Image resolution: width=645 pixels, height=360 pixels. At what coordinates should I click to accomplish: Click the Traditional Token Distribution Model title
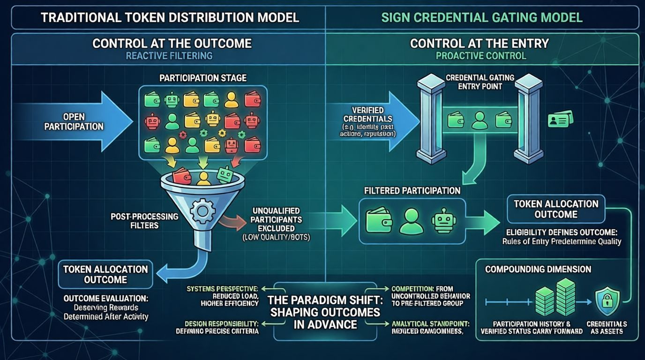click(x=170, y=18)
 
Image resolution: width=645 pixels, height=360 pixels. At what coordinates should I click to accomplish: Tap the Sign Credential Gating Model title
click(x=482, y=18)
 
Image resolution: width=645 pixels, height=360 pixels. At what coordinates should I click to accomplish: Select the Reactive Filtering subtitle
click(x=169, y=56)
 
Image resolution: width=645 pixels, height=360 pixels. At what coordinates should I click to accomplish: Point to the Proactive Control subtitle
click(x=481, y=56)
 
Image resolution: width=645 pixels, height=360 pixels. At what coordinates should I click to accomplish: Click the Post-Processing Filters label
click(x=145, y=221)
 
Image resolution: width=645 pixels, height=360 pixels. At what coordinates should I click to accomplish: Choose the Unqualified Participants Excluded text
click(x=276, y=220)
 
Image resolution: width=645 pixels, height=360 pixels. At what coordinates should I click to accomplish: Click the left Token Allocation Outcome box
click(x=105, y=274)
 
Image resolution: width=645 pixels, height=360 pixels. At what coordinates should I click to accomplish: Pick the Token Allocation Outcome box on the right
click(x=556, y=209)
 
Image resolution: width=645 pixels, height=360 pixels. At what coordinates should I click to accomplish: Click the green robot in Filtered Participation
click(x=443, y=221)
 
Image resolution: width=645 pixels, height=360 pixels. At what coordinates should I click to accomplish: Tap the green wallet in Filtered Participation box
click(x=378, y=220)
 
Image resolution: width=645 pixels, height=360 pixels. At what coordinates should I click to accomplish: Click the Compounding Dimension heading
click(x=538, y=270)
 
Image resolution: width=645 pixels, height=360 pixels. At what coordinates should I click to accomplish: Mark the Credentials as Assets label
click(x=606, y=328)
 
